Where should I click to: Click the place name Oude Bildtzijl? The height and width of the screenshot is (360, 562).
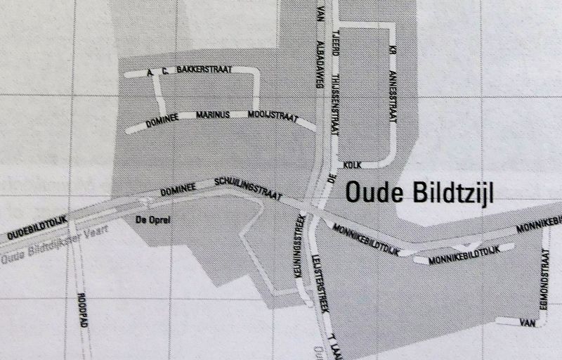pos(420,193)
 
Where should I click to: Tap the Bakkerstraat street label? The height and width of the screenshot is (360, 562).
pos(204,70)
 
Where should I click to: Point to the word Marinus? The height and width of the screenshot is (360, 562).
pos(214,115)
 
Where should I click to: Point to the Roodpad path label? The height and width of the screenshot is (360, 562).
pos(81,307)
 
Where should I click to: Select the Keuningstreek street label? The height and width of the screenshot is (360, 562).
pos(300,250)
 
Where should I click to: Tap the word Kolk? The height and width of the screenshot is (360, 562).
pos(352,165)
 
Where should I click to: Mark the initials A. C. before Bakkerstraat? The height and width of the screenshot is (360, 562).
pos(157,72)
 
